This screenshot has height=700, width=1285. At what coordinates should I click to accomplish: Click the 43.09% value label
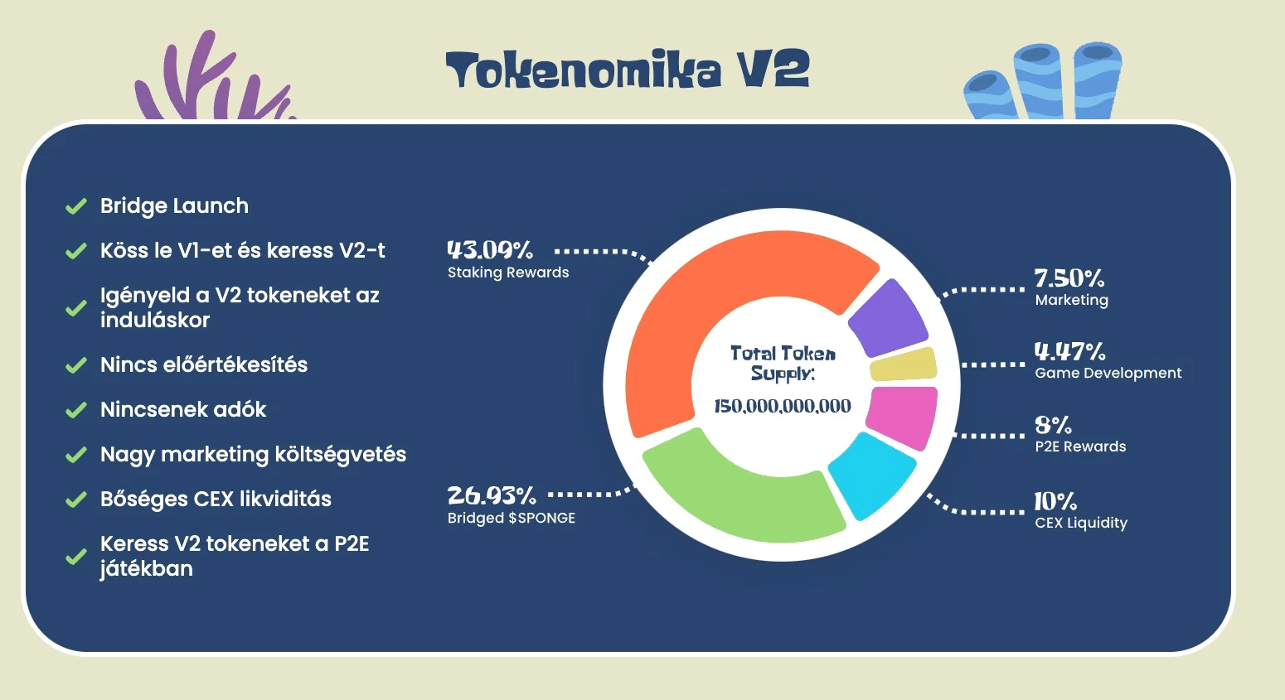pos(490,250)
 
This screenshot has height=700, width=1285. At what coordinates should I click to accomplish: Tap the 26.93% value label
pos(491,495)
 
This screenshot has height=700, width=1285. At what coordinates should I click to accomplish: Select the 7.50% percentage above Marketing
pos(1069,278)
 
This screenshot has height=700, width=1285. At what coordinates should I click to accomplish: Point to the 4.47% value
pos(1070,351)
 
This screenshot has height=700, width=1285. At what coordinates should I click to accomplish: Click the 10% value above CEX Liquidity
pos(1055,502)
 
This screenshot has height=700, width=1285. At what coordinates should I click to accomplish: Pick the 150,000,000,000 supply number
pos(783,406)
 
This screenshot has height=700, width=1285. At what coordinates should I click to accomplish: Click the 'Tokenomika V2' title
pos(628,70)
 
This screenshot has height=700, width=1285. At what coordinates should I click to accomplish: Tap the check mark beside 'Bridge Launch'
pos(76,205)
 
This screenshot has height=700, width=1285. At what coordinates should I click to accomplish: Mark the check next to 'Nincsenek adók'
pos(76,410)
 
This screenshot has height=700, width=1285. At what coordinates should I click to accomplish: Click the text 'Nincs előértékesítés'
pos(204,364)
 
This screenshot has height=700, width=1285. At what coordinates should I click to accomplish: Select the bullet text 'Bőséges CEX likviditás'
pos(216,500)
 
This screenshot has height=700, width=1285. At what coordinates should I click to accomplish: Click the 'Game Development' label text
pos(1108,374)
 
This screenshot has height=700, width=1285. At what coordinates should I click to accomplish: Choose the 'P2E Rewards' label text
pos(1081,447)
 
